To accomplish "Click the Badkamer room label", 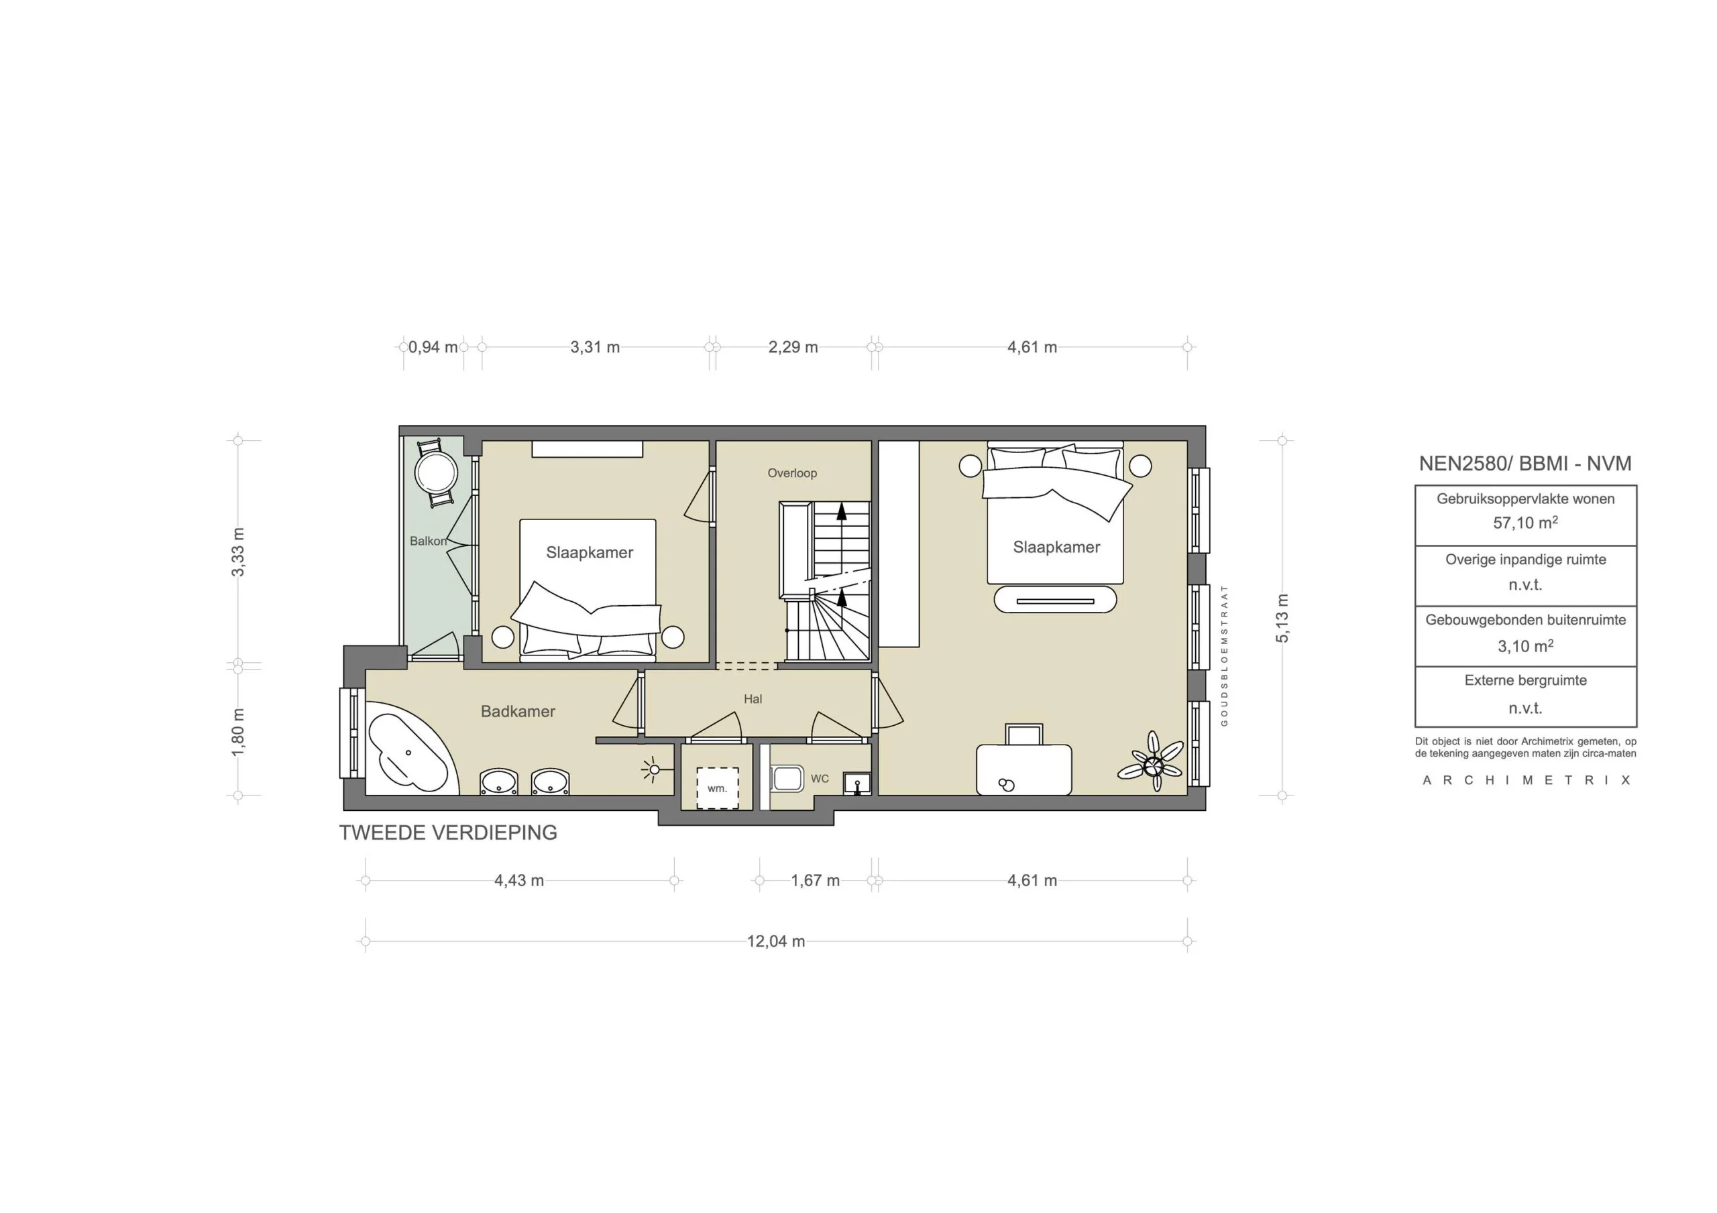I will click(x=518, y=712).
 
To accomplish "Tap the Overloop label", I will click(x=792, y=473).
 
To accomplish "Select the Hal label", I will click(x=753, y=699).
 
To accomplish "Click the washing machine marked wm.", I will click(x=717, y=787).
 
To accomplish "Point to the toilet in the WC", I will click(x=787, y=779).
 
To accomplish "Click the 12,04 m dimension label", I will click(x=775, y=941).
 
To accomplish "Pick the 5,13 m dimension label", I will click(x=1282, y=618).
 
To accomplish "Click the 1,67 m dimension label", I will click(x=815, y=881).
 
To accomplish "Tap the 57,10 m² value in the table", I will click(x=1525, y=523).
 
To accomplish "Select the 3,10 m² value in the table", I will click(x=1525, y=646).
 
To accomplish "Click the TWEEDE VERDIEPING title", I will click(x=448, y=832).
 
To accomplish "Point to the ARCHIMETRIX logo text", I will click(x=1526, y=780).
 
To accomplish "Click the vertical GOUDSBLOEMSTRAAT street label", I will click(x=1224, y=655).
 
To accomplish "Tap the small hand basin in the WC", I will click(x=857, y=783).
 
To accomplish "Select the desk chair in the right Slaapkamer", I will click(x=1023, y=734).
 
